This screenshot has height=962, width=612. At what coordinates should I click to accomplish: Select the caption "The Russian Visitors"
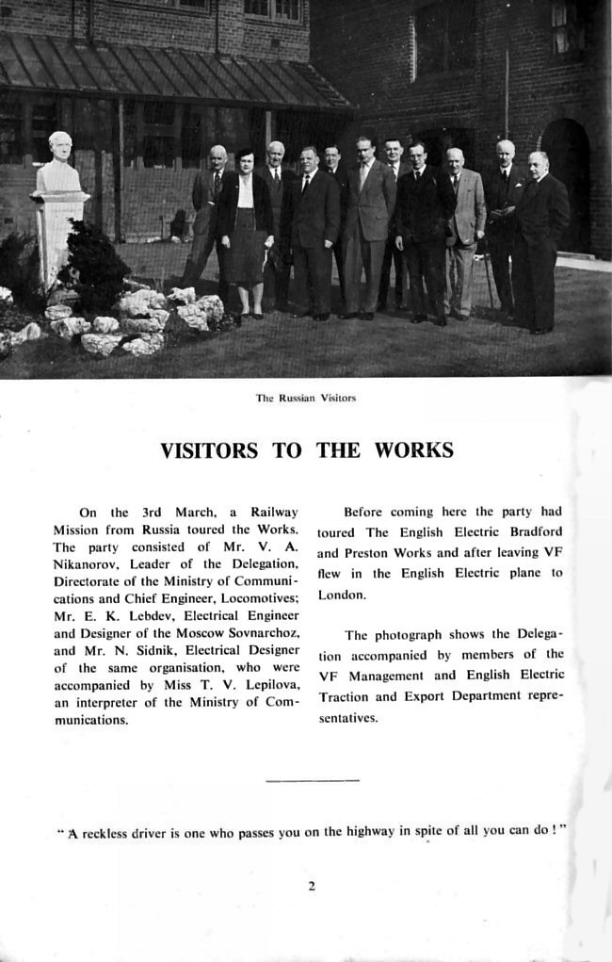tap(306, 398)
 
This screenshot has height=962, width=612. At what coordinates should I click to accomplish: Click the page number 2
tap(311, 886)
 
